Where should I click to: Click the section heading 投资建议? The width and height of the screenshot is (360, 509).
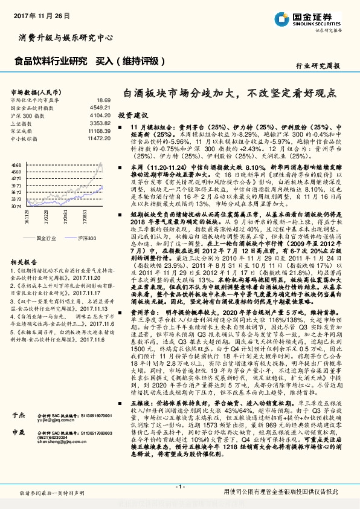pos(132,114)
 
